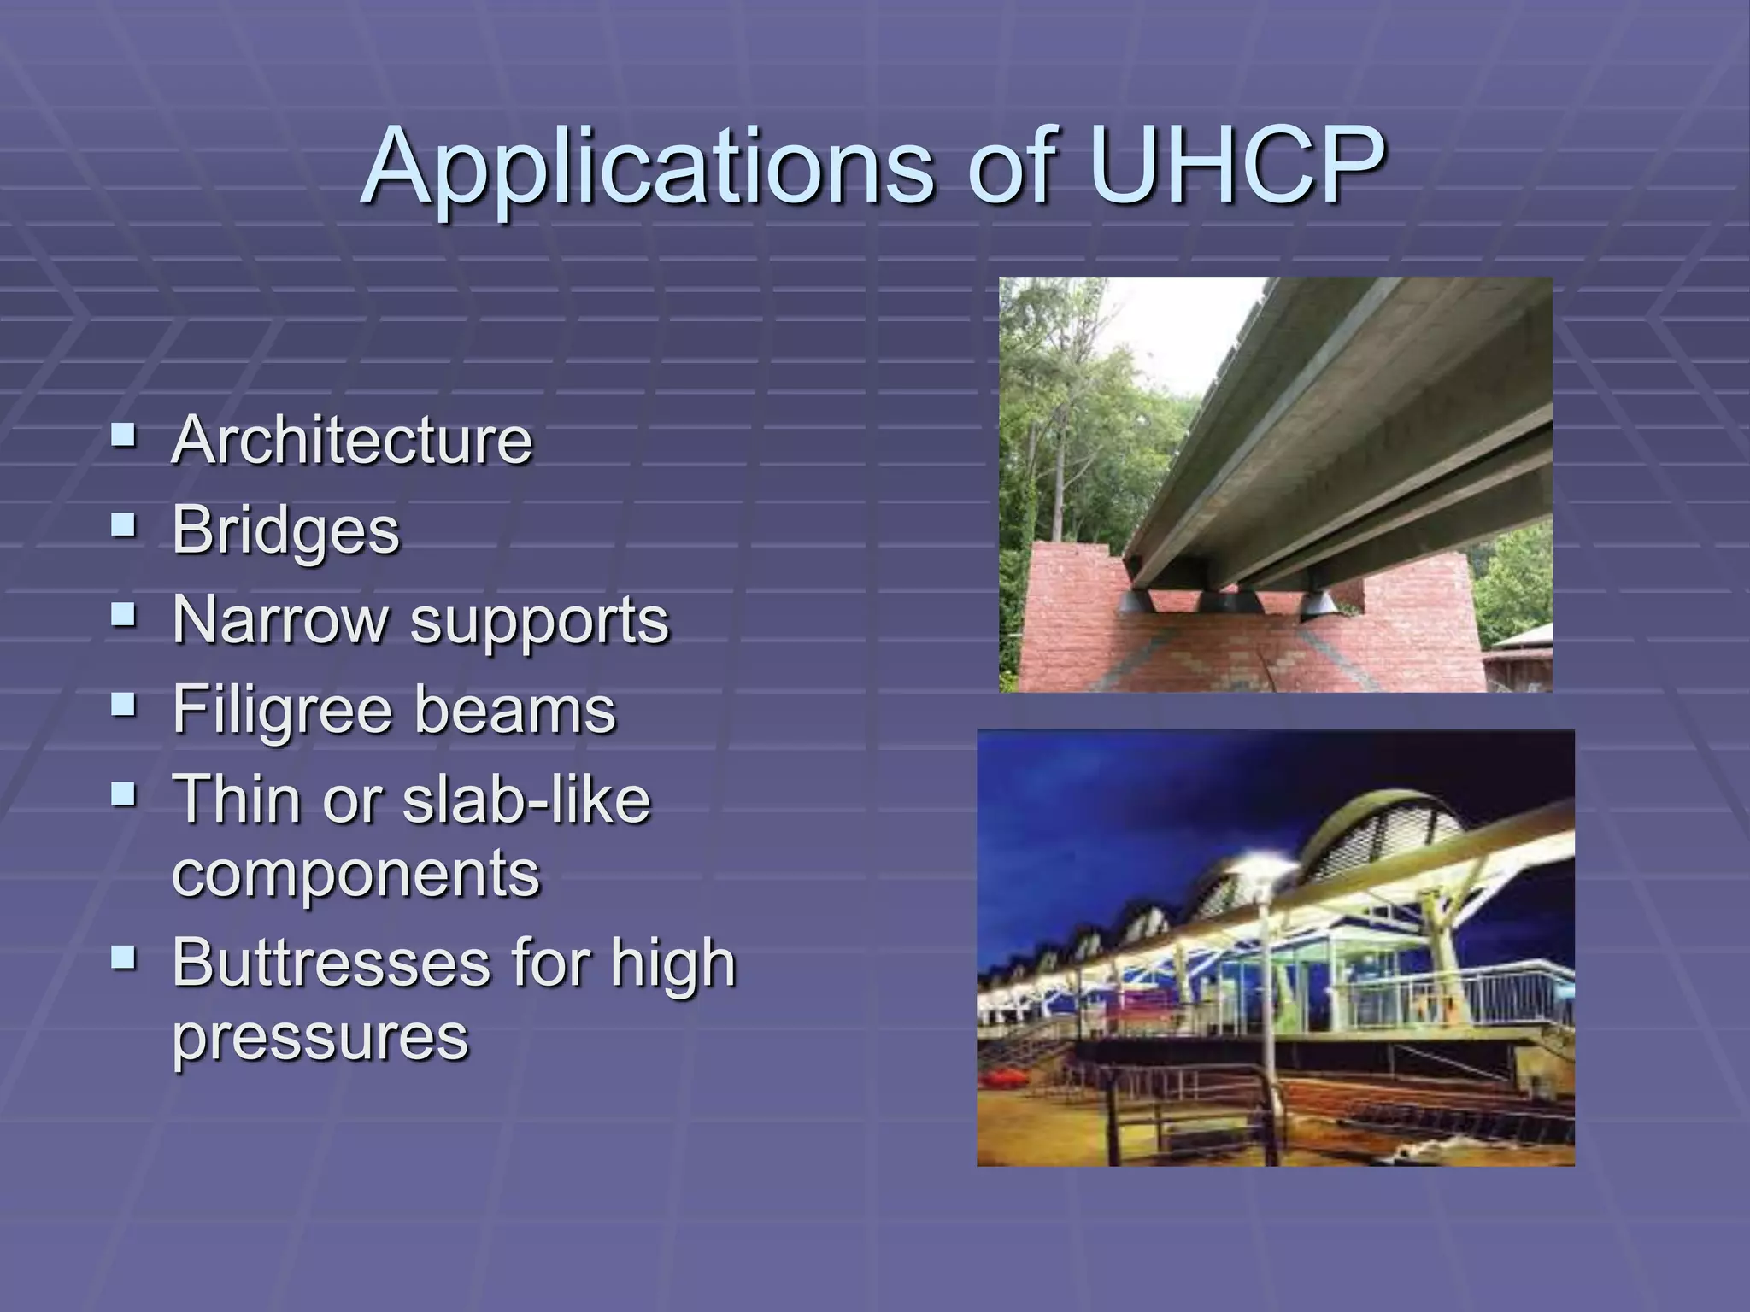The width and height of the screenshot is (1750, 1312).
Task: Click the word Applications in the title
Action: point(649,167)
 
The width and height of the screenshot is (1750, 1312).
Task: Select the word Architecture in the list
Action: point(352,441)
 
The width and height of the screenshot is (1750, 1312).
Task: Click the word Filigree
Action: point(278,710)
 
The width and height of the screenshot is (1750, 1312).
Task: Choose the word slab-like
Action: point(526,799)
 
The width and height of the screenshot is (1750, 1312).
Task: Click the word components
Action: point(356,874)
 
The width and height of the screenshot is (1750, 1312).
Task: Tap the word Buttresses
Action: point(330,963)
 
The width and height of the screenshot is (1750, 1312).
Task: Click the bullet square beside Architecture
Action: point(124,436)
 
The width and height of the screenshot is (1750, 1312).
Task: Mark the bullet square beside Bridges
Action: point(124,525)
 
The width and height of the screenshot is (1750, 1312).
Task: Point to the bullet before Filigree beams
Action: point(124,705)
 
